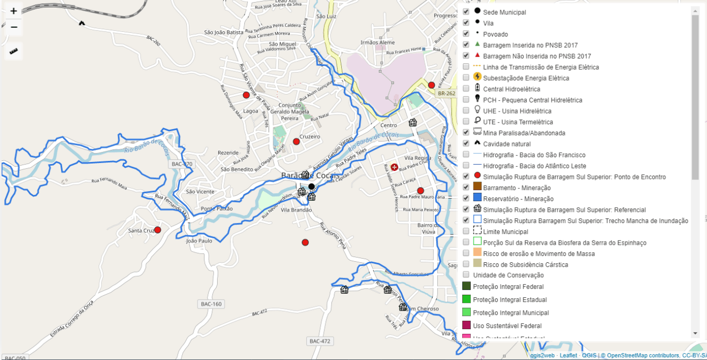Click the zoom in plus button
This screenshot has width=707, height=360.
14,11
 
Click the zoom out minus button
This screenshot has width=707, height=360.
14,27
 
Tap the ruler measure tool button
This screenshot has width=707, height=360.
14,52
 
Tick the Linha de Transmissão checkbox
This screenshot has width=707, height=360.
466,67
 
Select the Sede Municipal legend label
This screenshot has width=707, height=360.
504,12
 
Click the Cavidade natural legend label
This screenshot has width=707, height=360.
506,144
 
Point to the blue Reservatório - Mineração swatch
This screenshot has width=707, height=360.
477,198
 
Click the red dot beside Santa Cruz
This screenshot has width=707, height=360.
158,230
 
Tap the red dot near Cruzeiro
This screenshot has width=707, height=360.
296,141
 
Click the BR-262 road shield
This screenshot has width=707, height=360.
446,93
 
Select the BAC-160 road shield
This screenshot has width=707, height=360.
211,304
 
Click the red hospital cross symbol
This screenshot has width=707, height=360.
394,167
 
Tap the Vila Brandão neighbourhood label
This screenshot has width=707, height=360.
296,210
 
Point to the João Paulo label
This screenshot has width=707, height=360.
199,241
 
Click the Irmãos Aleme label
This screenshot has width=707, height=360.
377,42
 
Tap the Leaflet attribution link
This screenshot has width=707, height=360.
568,355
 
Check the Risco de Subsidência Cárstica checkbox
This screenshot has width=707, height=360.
466,264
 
